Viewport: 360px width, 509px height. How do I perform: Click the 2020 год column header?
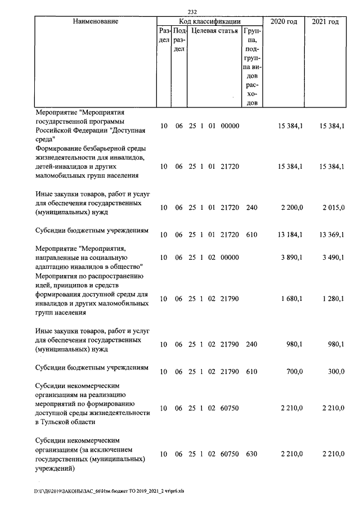284,21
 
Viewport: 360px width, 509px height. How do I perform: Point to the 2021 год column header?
325,21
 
